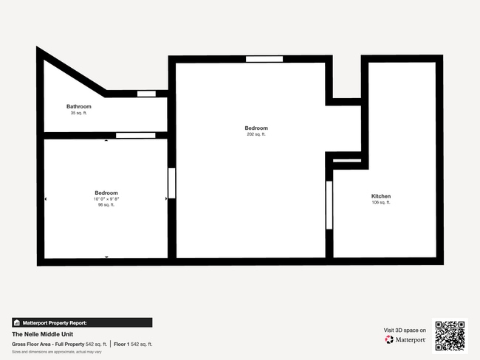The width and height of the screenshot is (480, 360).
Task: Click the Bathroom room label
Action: tap(79, 106)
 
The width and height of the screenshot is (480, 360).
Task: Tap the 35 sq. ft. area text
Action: tap(79, 113)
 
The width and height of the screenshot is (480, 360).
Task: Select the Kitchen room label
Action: tap(381, 195)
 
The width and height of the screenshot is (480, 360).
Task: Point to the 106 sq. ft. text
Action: tap(381, 202)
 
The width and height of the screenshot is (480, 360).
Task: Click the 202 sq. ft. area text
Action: tap(256, 134)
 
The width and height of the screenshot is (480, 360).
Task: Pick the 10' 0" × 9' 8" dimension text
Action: tap(106, 199)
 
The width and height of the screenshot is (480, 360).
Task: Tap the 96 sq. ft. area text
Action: tap(106, 205)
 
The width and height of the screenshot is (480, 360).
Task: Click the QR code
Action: tap(450, 335)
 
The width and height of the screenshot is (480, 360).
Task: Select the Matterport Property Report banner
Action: tap(82, 322)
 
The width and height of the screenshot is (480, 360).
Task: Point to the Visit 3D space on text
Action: tap(405, 330)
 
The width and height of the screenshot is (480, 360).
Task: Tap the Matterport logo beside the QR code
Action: tap(405, 340)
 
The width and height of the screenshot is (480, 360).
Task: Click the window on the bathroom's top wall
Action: tap(146, 94)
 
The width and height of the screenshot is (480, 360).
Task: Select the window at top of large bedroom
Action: tap(264, 59)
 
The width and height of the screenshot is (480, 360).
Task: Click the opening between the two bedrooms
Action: tap(172, 184)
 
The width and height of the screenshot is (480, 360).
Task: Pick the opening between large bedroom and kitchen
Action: tap(329, 207)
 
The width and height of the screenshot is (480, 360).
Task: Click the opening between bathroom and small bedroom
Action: tap(136, 135)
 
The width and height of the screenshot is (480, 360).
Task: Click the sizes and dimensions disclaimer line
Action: tap(56, 352)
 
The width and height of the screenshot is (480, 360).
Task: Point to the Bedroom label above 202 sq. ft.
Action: tap(256, 128)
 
